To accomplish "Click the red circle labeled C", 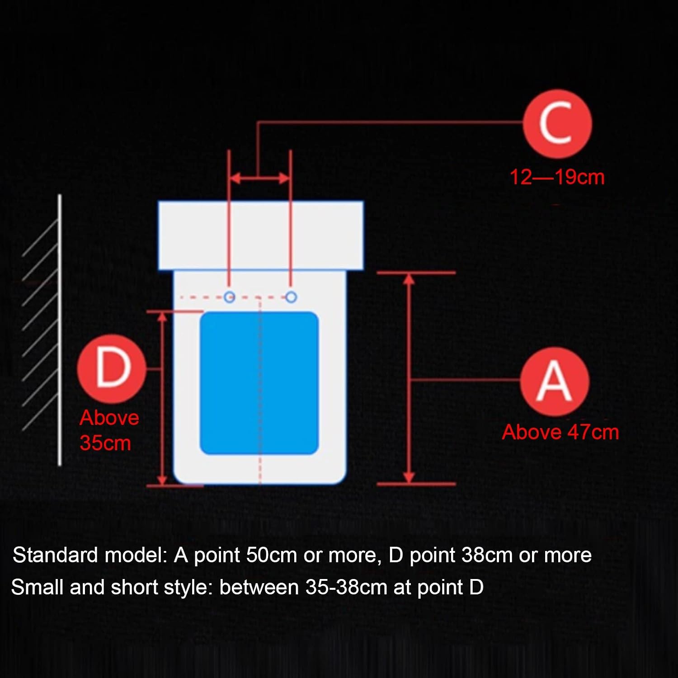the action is [557, 123].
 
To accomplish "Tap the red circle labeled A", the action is [555, 381].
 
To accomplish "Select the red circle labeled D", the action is [112, 369].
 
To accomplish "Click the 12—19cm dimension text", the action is [557, 177].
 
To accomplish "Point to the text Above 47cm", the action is [560, 432].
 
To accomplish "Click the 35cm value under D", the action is [105, 443].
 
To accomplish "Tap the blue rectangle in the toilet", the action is [259, 383].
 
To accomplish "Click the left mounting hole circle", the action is [230, 297].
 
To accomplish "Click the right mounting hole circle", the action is [292, 297].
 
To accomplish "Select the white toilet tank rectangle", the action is [261, 235].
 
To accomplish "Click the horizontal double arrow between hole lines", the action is [260, 178].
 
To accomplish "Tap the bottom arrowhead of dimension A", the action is [409, 477].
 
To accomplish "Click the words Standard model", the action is [90, 555].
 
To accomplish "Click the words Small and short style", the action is [111, 588].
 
